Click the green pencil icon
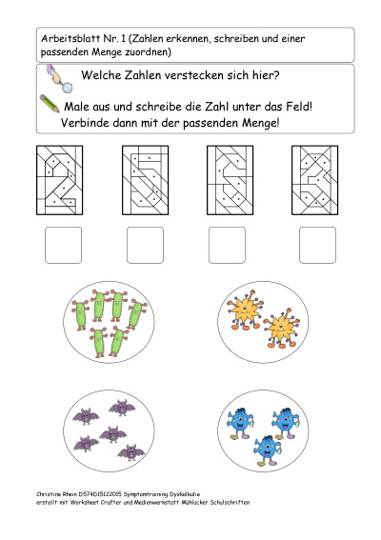[50, 103]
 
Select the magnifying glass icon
[59, 78]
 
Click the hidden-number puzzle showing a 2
[60, 180]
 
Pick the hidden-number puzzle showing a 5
[145, 180]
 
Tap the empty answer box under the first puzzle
[64, 245]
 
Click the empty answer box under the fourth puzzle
[317, 245]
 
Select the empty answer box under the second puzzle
[145, 245]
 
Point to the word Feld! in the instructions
[299, 107]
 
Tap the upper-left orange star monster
[245, 310]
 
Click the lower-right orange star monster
[282, 328]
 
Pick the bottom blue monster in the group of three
[267, 451]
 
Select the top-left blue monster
[240, 423]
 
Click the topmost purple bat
[122, 408]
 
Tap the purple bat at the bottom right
[130, 452]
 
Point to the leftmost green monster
[80, 315]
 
